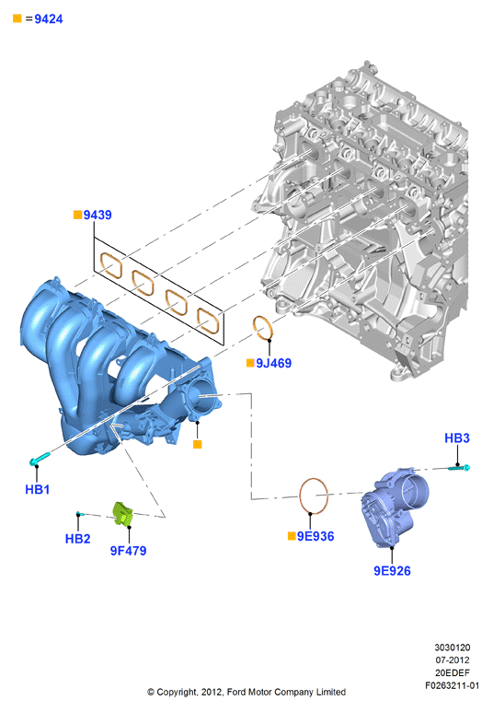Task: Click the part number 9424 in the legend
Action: (x=49, y=19)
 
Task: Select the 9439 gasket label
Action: (x=97, y=215)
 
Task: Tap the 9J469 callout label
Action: (x=273, y=363)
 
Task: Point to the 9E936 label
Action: (x=315, y=536)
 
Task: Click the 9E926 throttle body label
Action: (x=392, y=571)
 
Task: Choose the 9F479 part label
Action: (x=129, y=551)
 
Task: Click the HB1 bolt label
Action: (x=37, y=489)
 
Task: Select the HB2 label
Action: (x=77, y=539)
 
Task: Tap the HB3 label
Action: (x=457, y=438)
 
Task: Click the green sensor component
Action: (x=122, y=514)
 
